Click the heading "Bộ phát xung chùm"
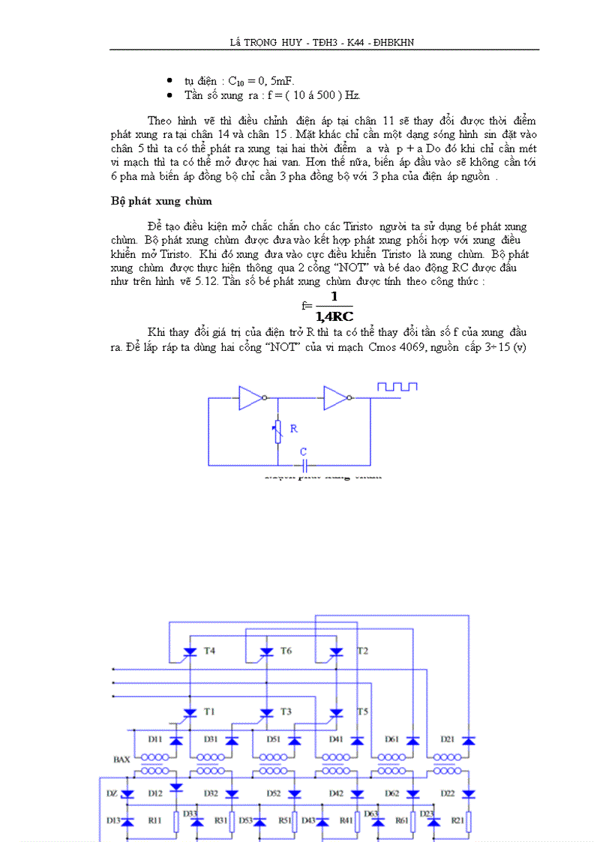(x=161, y=201)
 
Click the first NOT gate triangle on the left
(x=250, y=398)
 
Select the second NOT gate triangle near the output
(x=335, y=398)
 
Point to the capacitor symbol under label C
(x=303, y=465)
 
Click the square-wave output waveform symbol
(x=397, y=387)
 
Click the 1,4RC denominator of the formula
(x=334, y=316)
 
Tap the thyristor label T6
(x=286, y=651)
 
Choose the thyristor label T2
(x=362, y=651)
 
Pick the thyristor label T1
(x=209, y=711)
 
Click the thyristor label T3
(x=286, y=711)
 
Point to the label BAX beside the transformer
(x=122, y=760)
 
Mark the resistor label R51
(x=285, y=821)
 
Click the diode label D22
(x=447, y=793)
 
